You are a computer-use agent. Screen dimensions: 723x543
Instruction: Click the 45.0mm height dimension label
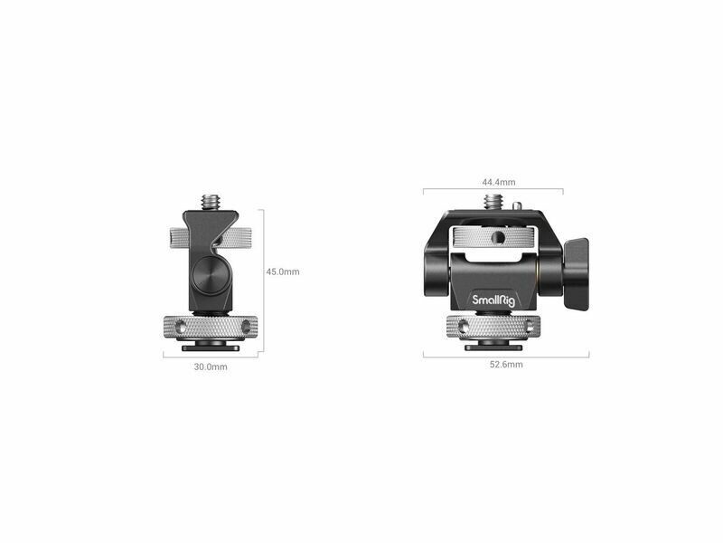(x=283, y=272)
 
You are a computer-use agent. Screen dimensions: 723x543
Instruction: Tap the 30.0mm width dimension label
(x=211, y=367)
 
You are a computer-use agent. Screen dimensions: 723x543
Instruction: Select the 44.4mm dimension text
(x=499, y=183)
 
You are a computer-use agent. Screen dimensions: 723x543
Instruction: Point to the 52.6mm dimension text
(x=506, y=365)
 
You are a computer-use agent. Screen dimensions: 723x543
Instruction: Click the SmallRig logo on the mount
(x=493, y=300)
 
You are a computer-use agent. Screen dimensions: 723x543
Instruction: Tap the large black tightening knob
(x=576, y=274)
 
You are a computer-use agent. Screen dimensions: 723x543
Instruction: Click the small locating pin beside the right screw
(x=518, y=205)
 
